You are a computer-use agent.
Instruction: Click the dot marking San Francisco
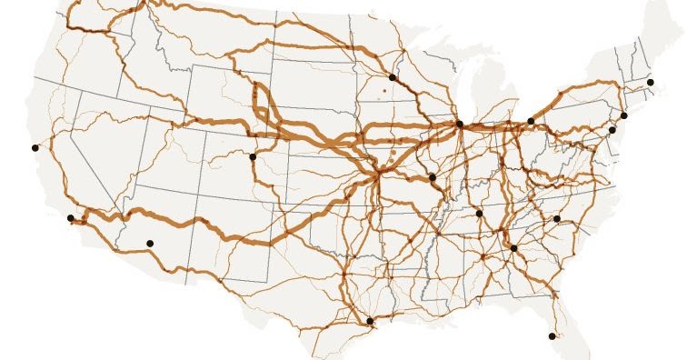coord(35,147)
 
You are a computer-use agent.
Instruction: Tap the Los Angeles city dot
coord(71,218)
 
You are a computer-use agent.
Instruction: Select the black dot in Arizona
coord(150,243)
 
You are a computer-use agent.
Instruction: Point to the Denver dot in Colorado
coord(253,156)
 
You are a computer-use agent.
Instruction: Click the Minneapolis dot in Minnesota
coord(392,77)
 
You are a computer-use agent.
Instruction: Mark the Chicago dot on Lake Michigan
coord(459,124)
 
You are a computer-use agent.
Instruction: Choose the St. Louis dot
coord(432,177)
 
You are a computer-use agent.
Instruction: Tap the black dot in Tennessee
coord(479,214)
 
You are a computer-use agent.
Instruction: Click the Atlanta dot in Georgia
coord(513,248)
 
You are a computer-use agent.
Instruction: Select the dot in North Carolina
coord(557,219)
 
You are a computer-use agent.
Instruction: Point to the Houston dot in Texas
coord(369,321)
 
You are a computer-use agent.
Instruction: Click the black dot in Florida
coord(552,336)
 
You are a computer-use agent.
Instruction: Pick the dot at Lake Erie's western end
coord(531,121)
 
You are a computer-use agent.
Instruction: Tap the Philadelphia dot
coord(612,130)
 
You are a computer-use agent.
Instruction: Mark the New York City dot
coord(624,115)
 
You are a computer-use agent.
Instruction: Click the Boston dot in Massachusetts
coord(651,83)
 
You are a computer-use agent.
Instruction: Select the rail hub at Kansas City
coord(374,169)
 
